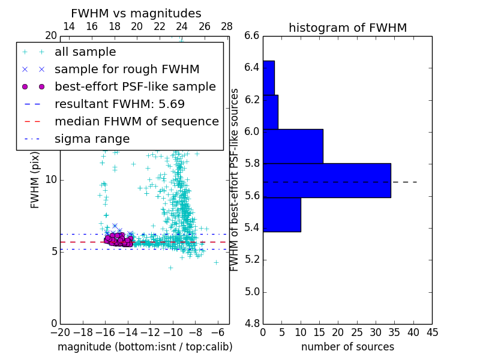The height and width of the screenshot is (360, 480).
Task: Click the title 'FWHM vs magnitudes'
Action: pyautogui.click(x=136, y=13)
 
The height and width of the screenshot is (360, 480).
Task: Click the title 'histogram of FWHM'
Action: pyautogui.click(x=347, y=28)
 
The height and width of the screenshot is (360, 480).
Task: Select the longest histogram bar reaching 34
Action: pyautogui.click(x=326, y=181)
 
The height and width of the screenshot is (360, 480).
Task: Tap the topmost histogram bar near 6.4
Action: pyautogui.click(x=268, y=77)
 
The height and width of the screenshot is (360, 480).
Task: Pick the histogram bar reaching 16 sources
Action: pyautogui.click(x=293, y=146)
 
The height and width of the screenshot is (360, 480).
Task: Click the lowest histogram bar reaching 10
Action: pyautogui.click(x=281, y=214)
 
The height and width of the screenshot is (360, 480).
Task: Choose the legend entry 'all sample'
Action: pyautogui.click(x=85, y=52)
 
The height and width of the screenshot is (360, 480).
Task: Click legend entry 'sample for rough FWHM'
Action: pyautogui.click(x=127, y=69)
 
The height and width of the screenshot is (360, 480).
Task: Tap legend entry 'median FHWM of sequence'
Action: pyautogui.click(x=136, y=121)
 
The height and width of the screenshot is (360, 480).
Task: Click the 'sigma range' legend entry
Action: pyautogui.click(x=92, y=139)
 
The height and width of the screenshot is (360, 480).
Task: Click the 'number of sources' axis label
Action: pyautogui.click(x=347, y=347)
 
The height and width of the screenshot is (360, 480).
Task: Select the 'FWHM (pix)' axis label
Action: pyautogui.click(x=35, y=180)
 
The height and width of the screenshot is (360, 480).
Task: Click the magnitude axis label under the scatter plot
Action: pyautogui.click(x=145, y=347)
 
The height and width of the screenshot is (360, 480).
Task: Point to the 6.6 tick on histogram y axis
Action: pyautogui.click(x=252, y=35)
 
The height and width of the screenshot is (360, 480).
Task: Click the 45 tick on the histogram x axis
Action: pyautogui.click(x=432, y=332)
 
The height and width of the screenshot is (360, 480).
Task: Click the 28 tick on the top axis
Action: pyautogui.click(x=227, y=26)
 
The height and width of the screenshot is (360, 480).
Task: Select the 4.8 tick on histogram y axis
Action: pyautogui.click(x=252, y=324)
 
